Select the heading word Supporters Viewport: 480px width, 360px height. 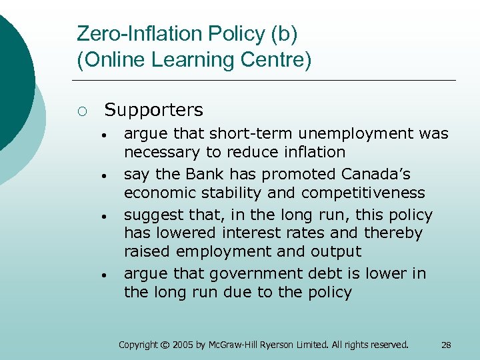tap(154, 109)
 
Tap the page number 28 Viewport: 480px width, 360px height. tap(446, 345)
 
